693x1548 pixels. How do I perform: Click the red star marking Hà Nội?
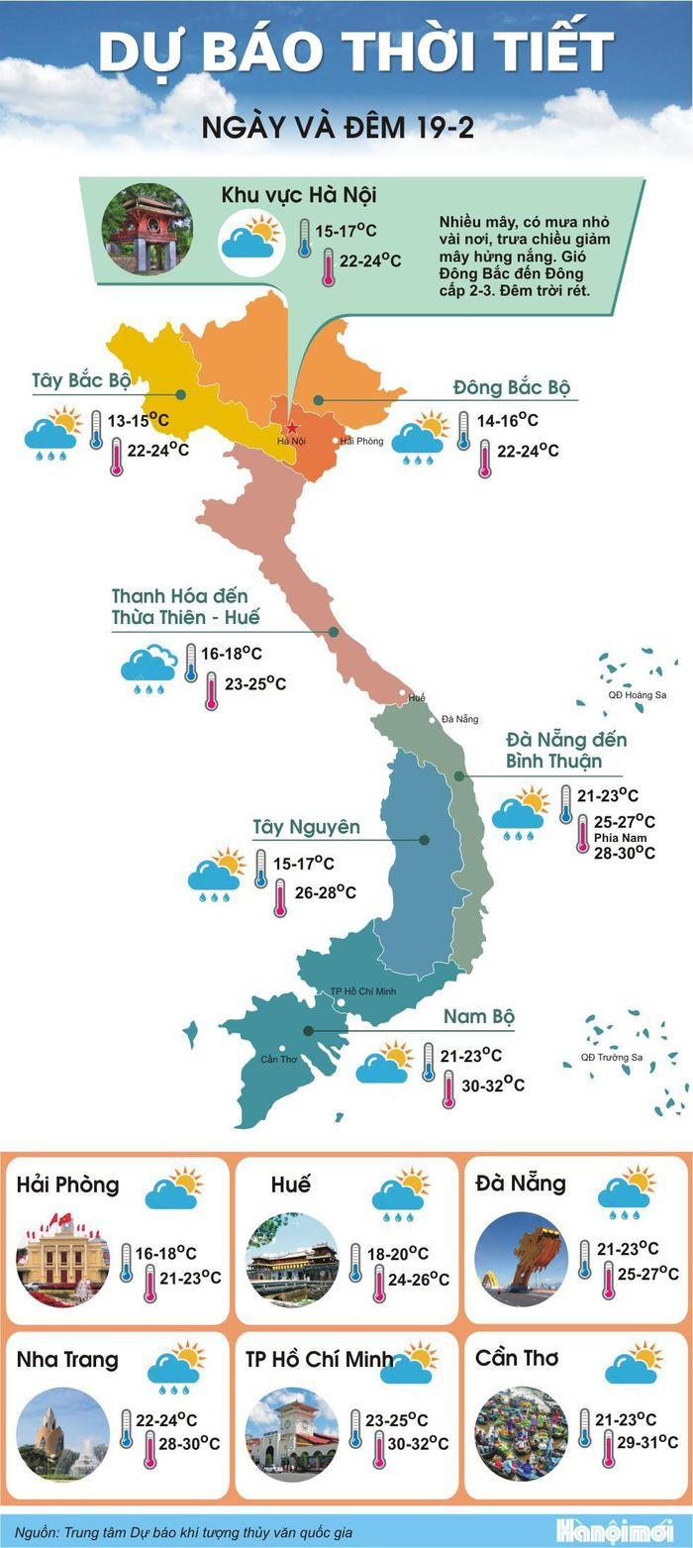291,428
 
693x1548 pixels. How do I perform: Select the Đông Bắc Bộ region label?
512,386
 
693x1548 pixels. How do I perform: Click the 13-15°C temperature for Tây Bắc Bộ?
138,421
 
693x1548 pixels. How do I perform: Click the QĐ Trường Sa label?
611,1057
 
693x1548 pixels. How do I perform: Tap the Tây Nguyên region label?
306,826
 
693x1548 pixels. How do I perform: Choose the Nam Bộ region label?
478,1016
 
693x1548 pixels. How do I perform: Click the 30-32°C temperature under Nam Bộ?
486,1085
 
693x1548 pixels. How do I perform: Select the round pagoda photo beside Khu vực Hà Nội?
147,230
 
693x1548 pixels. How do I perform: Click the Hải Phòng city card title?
67,1185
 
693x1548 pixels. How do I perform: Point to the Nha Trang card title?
66,1360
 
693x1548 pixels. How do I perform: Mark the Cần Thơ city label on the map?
278,1059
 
